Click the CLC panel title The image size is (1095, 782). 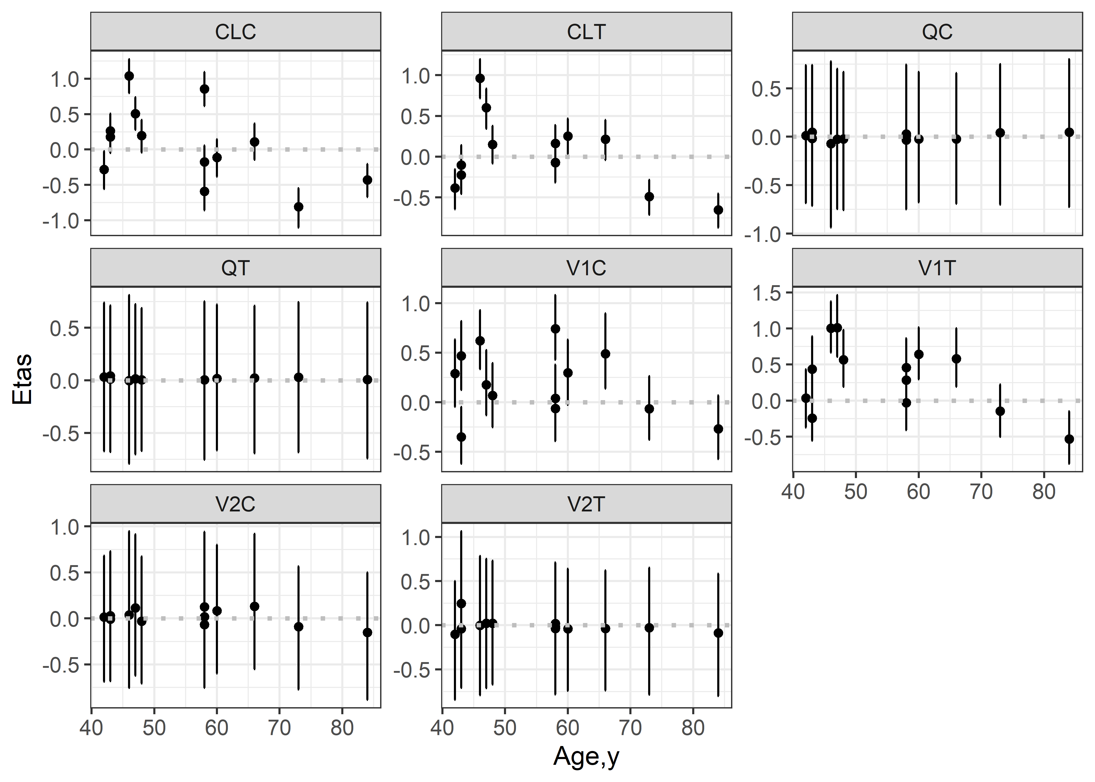click(235, 32)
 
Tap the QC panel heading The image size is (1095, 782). click(937, 32)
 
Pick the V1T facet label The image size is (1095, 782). click(937, 268)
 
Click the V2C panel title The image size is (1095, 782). click(235, 504)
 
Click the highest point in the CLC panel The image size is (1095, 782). click(129, 76)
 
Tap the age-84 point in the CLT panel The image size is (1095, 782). click(718, 210)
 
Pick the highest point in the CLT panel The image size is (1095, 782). click(480, 78)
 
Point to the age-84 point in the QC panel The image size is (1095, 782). click(1069, 132)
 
